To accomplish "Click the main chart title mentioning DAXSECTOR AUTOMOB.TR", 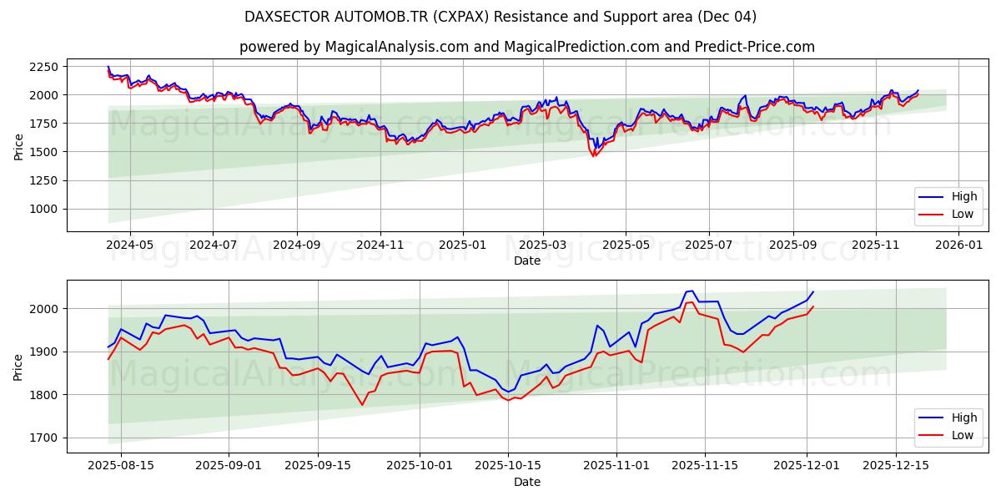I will click(x=500, y=17).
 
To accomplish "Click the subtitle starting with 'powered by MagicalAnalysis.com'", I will click(x=526, y=47).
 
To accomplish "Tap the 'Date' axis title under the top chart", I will click(x=526, y=261).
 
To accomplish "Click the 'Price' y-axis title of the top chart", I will click(x=18, y=146).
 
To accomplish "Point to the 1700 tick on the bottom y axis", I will click(x=43, y=438).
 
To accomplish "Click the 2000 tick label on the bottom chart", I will click(x=43, y=309).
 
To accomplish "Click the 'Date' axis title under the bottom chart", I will click(x=526, y=482).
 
